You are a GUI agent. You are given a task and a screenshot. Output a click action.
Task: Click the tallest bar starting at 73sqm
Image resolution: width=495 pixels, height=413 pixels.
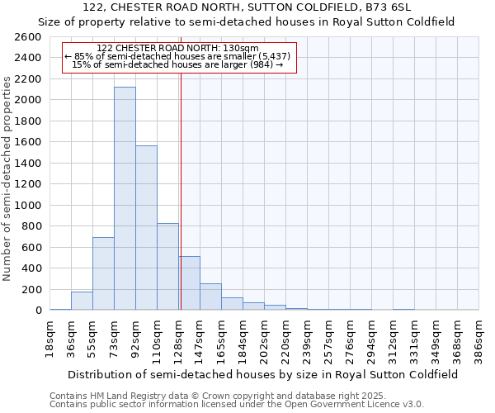[x=125, y=198]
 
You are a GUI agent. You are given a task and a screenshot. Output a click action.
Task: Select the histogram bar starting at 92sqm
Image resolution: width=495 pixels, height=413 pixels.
[x=146, y=227]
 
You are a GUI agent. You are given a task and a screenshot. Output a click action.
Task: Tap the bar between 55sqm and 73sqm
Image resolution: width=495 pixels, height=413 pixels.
[x=103, y=273]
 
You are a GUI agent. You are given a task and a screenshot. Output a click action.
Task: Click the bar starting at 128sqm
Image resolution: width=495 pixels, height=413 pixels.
[x=189, y=282]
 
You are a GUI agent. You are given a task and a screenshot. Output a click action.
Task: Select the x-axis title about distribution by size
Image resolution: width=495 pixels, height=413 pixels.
[x=264, y=374]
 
